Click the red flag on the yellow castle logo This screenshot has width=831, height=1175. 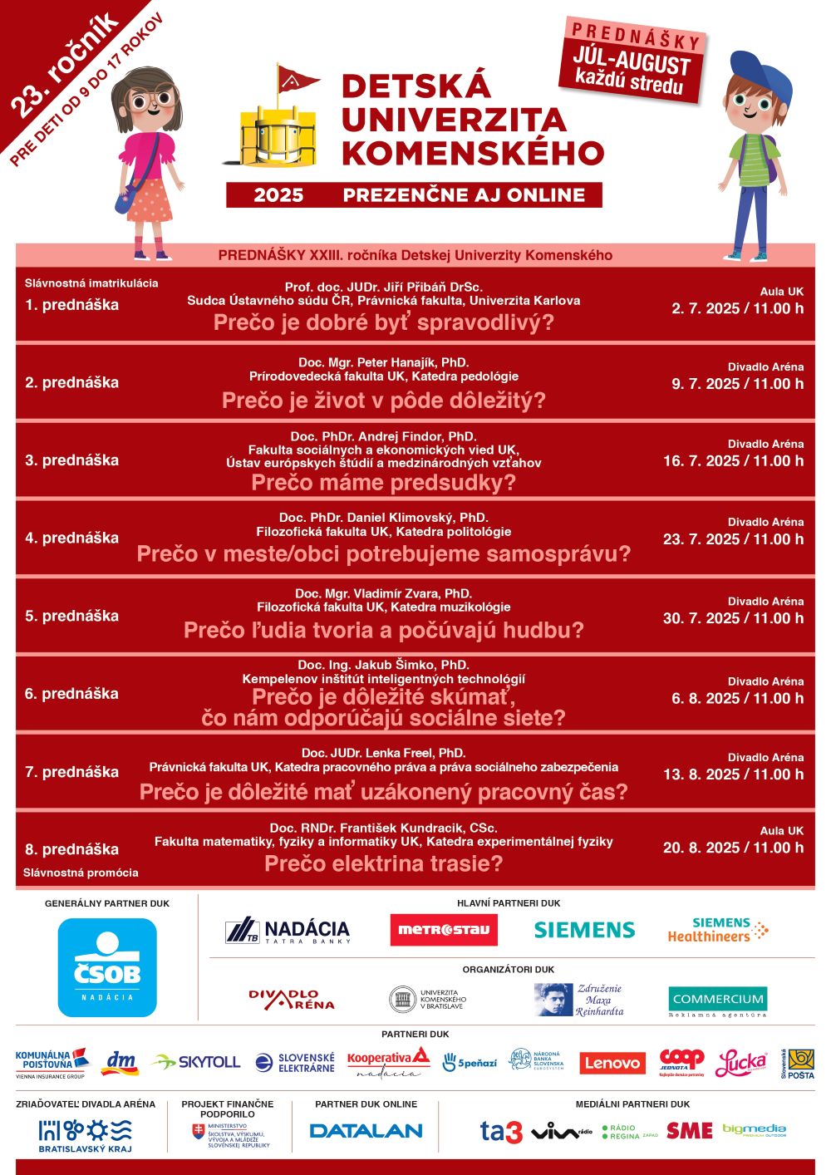click(296, 80)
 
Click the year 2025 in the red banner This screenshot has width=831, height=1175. click(278, 195)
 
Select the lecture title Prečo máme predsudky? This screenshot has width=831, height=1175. click(383, 483)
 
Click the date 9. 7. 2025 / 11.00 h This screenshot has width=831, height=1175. click(737, 384)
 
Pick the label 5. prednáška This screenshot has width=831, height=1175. click(71, 616)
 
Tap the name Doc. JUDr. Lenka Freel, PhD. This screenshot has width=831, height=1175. click(383, 753)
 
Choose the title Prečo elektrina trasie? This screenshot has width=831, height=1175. click(383, 864)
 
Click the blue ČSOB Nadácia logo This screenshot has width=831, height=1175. click(107, 967)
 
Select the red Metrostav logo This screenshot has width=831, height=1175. click(444, 930)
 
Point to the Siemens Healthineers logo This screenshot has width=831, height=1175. click(718, 930)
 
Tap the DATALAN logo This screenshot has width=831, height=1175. click(366, 1130)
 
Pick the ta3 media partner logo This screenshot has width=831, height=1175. click(501, 1131)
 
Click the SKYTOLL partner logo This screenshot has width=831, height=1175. click(196, 1062)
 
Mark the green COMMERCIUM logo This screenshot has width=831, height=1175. click(717, 1000)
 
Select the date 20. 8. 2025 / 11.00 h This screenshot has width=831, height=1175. click(733, 848)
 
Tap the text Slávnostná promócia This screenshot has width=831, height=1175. click(81, 873)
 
